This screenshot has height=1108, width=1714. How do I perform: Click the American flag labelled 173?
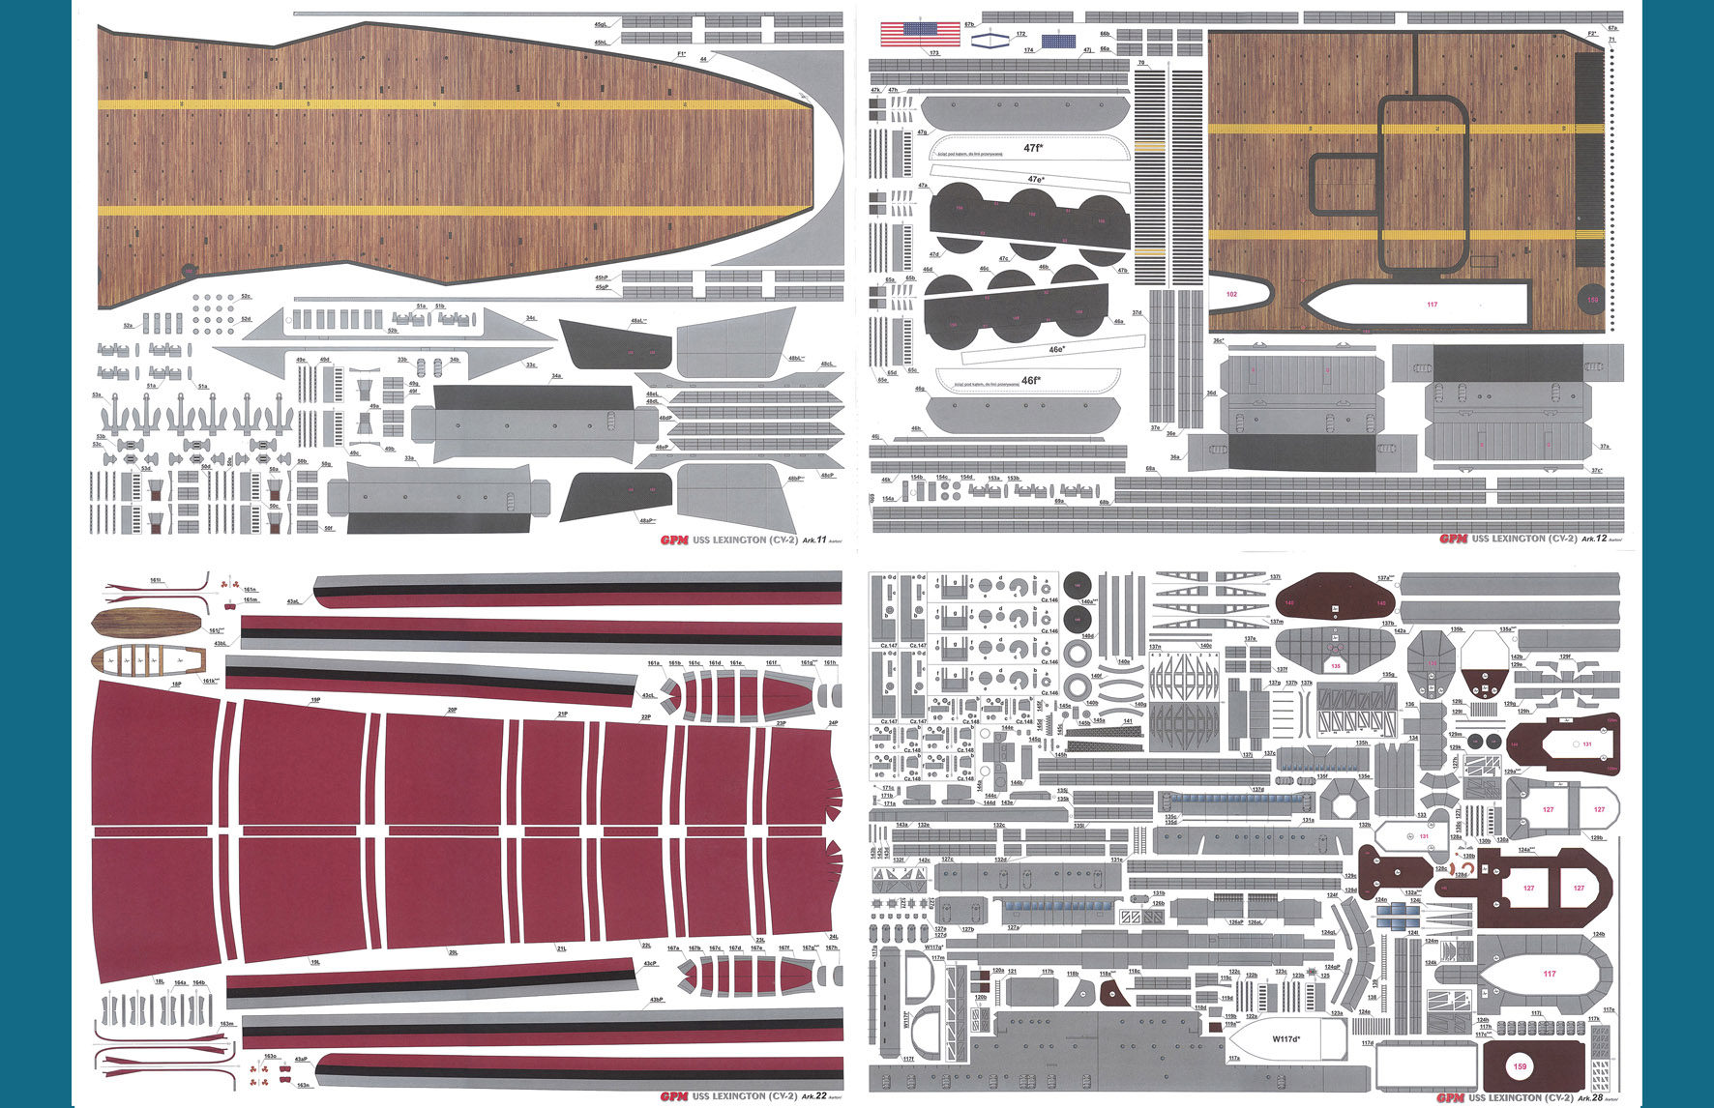(920, 35)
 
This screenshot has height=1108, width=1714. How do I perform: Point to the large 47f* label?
(1032, 148)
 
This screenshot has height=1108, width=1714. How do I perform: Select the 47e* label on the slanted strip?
(1035, 179)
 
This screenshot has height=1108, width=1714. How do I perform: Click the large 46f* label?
(1030, 380)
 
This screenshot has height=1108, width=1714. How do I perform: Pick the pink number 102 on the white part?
(1231, 293)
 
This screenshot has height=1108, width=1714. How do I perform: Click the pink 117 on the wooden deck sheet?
(1432, 304)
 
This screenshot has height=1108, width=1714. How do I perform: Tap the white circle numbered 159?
(1520, 1066)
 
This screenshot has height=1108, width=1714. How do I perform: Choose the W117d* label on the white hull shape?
(1285, 1038)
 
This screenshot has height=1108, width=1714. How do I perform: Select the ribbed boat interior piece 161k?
(148, 661)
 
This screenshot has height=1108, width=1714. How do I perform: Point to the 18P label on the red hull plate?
(176, 684)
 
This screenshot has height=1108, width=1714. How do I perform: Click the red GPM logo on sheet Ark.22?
(673, 1096)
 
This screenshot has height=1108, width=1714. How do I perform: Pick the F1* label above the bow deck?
(681, 54)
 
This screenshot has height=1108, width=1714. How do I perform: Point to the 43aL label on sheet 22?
(293, 601)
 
